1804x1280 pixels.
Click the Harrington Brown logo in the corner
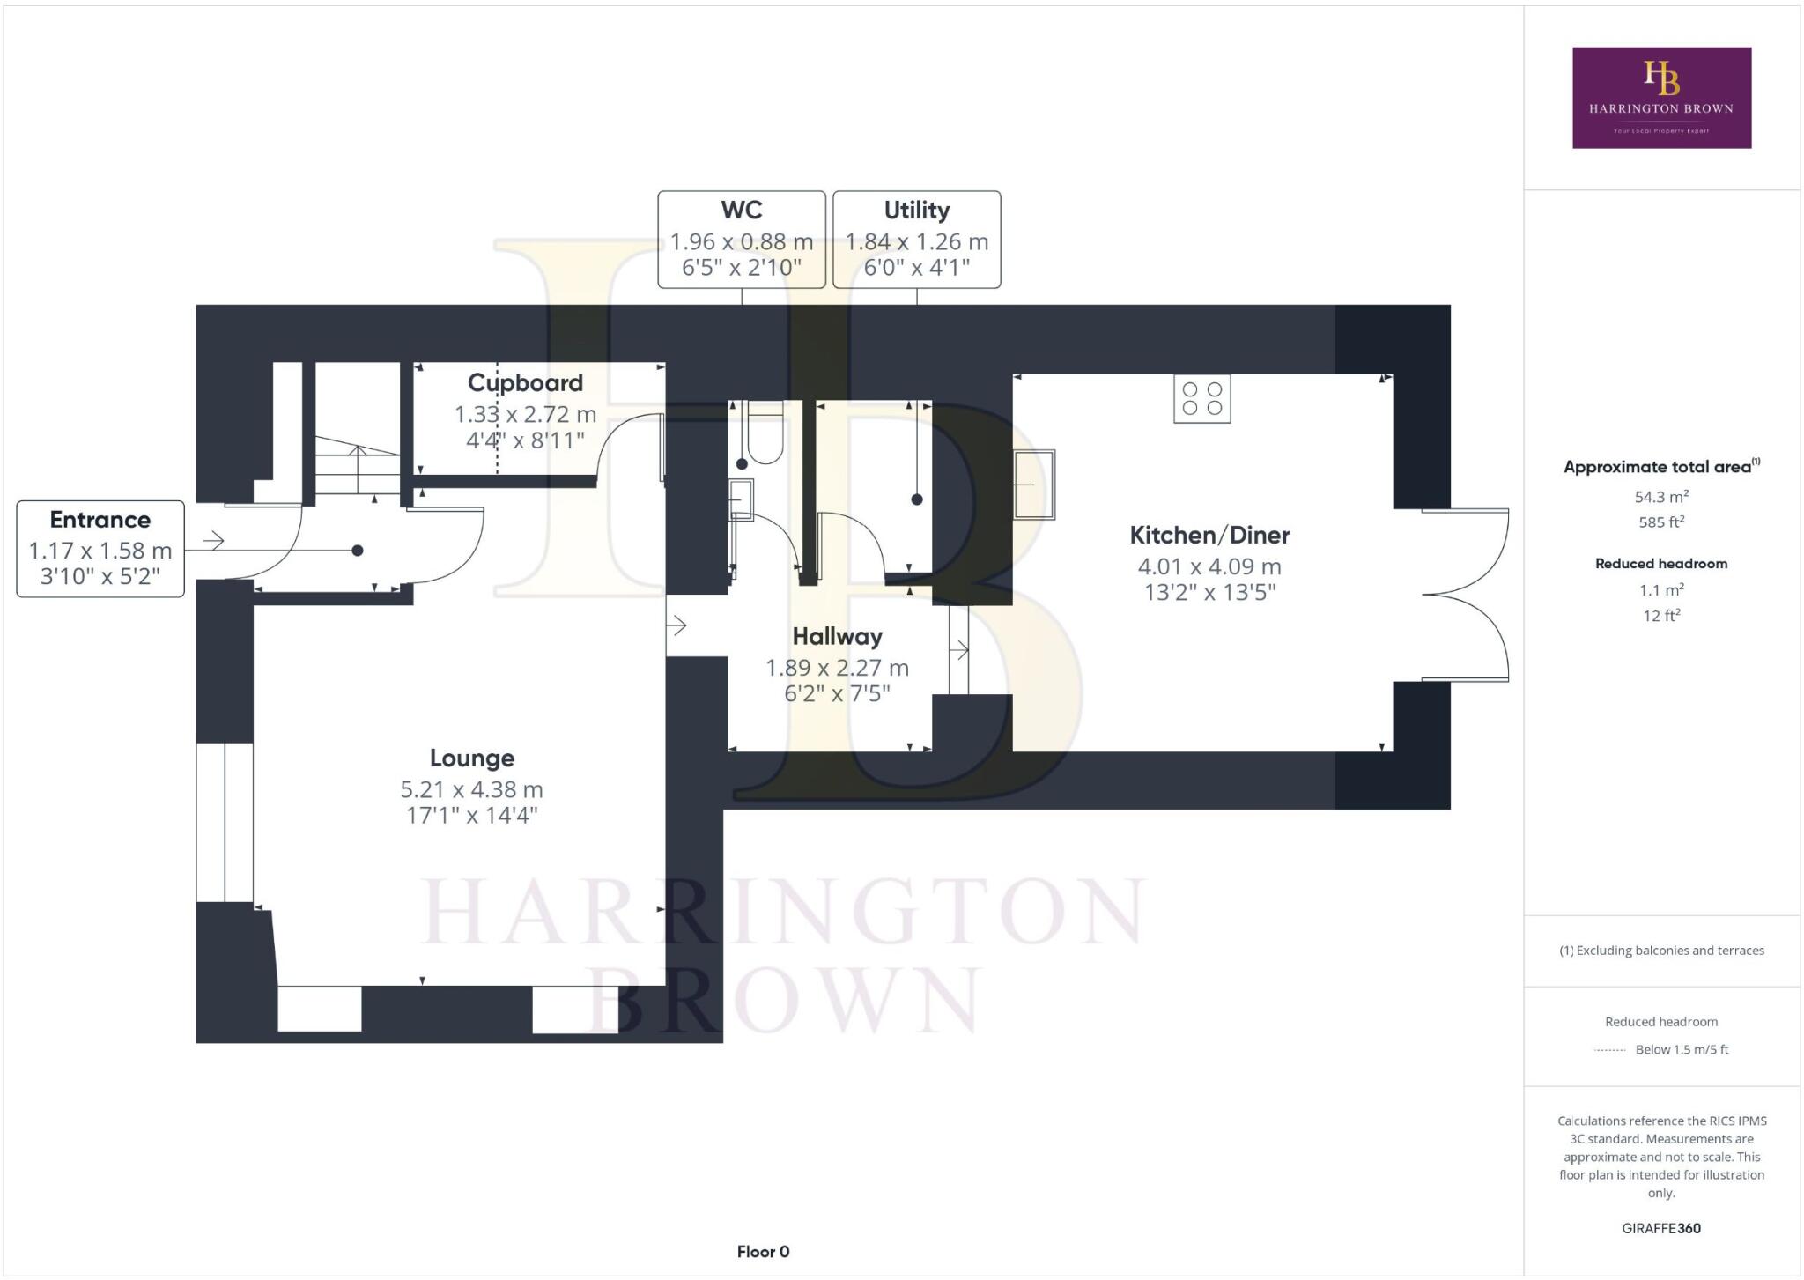[1661, 97]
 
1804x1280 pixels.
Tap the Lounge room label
[471, 758]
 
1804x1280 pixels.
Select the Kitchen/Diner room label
[1209, 535]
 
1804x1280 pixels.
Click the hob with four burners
[1201, 399]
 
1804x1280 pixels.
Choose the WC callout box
[742, 239]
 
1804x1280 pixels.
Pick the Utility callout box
[916, 239]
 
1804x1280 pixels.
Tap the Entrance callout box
[100, 548]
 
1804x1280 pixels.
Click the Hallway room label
[837, 636]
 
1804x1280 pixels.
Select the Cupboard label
[525, 382]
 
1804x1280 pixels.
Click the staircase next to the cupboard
[357, 467]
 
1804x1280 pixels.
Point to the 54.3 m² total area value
[1660, 497]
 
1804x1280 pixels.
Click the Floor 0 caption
[763, 1251]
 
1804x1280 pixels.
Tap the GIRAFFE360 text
[1660, 1228]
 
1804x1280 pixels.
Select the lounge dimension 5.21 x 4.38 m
[471, 789]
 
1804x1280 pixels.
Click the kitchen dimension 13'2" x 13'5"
[1209, 592]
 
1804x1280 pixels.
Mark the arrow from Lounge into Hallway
[677, 625]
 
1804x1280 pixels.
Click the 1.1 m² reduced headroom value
[1660, 590]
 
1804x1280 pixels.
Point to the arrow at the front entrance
[214, 540]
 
